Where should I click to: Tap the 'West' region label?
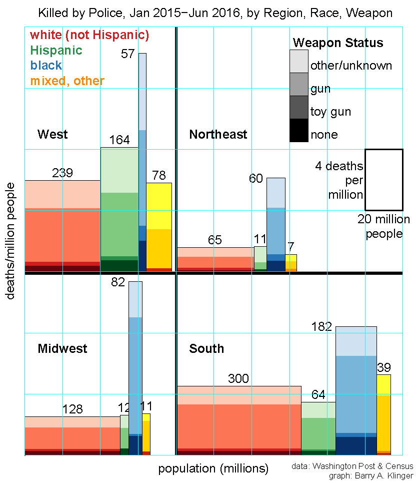(52, 134)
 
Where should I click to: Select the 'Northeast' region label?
(218, 134)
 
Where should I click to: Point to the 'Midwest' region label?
(62, 348)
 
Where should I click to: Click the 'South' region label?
(206, 348)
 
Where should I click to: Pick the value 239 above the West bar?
(62, 173)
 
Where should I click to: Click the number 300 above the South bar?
(238, 379)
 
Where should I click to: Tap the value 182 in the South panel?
(321, 327)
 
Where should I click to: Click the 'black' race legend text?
(46, 65)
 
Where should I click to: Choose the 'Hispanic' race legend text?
(56, 50)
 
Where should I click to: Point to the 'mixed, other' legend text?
(67, 81)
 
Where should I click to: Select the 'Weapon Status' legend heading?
(338, 43)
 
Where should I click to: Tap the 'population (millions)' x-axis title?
(213, 469)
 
